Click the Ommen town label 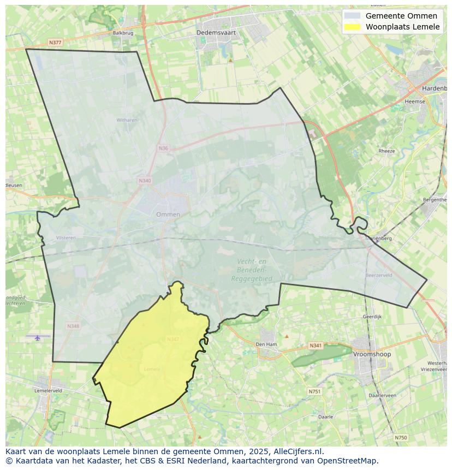pos(168,215)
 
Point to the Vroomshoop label pos(372,354)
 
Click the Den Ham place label pos(266,344)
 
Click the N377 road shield pos(55,42)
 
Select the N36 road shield pos(163,148)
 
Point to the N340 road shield pos(145,181)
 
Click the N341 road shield pos(316,346)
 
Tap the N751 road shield pos(314,391)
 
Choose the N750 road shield pos(401,437)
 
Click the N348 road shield pos(73,326)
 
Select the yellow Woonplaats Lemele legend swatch pos(352,27)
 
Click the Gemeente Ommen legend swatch pos(352,16)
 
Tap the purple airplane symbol pos(38,337)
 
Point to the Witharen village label pos(127,120)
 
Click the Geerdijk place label pos(372,317)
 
